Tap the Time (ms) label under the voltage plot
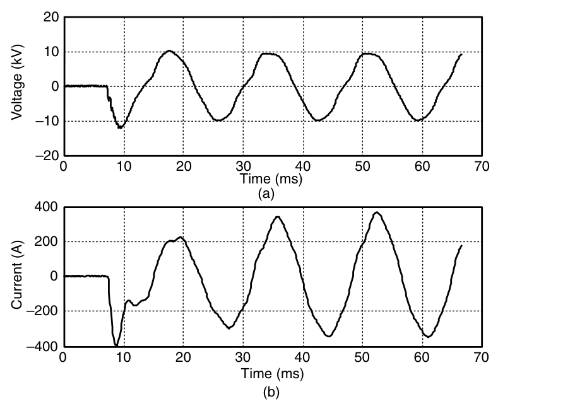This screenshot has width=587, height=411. [x=271, y=179]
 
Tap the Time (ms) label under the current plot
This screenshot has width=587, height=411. [x=271, y=374]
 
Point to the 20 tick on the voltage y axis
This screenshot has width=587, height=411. [x=50, y=18]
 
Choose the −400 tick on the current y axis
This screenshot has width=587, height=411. [x=42, y=346]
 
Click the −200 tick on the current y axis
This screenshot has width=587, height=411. [x=42, y=311]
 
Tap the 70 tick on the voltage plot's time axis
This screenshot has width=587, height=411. [x=482, y=166]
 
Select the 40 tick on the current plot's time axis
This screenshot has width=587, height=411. [x=303, y=357]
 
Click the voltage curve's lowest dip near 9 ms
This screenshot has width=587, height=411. [x=119, y=128]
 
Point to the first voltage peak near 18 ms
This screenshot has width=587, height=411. [x=169, y=50]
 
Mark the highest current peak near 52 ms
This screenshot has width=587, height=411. [x=377, y=212]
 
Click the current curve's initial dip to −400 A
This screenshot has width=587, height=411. [x=116, y=345]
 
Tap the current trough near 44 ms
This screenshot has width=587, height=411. [x=328, y=336]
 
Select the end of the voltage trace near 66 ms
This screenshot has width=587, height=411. [x=461, y=54]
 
